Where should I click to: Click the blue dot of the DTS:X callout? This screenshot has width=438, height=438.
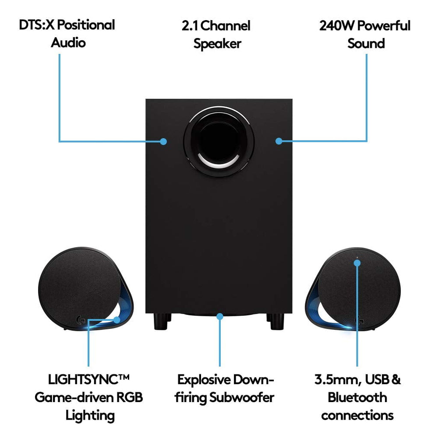163,141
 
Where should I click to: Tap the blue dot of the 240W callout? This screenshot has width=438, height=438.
279,141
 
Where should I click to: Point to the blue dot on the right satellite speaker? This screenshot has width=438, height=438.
357,263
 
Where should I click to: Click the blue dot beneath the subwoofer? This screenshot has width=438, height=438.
219,315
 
